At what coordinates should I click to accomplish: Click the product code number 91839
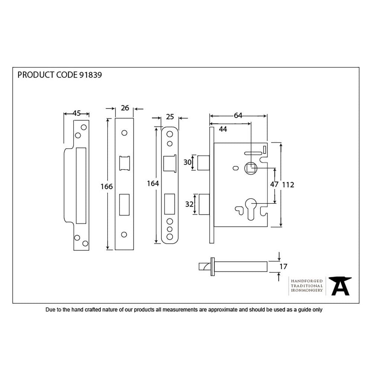(x=90, y=75)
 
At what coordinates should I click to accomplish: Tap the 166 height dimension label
(x=107, y=186)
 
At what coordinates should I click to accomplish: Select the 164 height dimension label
(x=153, y=183)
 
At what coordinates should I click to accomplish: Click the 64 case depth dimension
(x=238, y=116)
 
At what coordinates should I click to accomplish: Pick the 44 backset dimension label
(x=223, y=129)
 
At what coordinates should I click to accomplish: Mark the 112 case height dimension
(x=288, y=185)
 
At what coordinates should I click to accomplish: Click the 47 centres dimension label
(x=274, y=185)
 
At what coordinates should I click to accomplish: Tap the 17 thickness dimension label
(x=283, y=266)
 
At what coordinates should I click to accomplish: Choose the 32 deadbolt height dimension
(x=189, y=204)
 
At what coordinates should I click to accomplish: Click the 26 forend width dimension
(x=125, y=108)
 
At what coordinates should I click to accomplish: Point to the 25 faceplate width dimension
(x=170, y=117)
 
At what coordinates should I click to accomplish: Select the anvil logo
(x=341, y=286)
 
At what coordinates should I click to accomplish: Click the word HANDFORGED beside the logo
(x=307, y=282)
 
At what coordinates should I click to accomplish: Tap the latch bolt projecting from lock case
(x=203, y=162)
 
